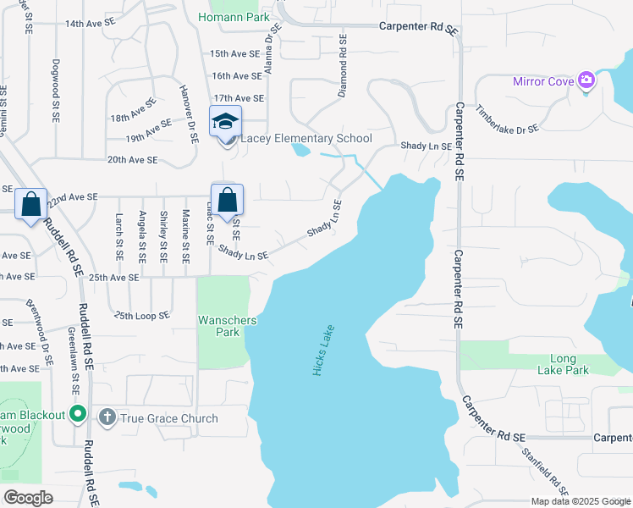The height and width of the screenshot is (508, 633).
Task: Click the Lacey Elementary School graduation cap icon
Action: point(226,122)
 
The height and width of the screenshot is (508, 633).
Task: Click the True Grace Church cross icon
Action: point(107,417)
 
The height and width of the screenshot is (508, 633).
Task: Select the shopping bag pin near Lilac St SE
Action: point(227,202)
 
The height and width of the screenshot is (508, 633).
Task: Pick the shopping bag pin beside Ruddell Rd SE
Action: point(31,204)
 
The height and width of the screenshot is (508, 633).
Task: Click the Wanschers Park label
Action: point(223,326)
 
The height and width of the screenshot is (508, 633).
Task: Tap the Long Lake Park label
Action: point(563,364)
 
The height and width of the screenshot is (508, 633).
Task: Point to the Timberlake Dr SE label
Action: point(507,119)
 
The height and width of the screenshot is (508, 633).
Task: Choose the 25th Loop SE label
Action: point(141,315)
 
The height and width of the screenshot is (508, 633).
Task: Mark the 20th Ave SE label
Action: point(132,159)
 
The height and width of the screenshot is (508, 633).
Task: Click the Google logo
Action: point(29,498)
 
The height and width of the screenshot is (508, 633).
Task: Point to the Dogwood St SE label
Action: point(57,80)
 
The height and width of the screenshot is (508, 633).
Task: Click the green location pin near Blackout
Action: point(78,414)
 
